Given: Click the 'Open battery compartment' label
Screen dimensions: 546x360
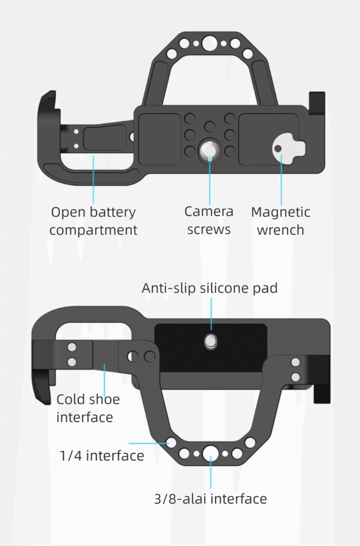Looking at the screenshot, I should pyautogui.click(x=93, y=221).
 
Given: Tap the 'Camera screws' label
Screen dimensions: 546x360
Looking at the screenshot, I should pyautogui.click(x=209, y=220).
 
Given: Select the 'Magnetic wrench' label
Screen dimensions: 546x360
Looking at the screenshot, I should pyautogui.click(x=280, y=221).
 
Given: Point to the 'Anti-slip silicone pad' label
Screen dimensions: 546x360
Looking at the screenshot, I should pyautogui.click(x=210, y=287).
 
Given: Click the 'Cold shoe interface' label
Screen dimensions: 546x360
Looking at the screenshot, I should pyautogui.click(x=88, y=408).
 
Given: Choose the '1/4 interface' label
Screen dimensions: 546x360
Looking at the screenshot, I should pyautogui.click(x=102, y=456).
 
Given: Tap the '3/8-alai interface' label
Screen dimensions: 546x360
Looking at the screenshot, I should pyautogui.click(x=210, y=499).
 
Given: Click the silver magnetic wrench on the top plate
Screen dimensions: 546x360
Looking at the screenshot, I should pyautogui.click(x=287, y=148).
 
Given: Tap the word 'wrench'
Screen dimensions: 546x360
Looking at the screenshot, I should pyautogui.click(x=280, y=230).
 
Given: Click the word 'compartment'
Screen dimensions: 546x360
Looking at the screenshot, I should pyautogui.click(x=93, y=230).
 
